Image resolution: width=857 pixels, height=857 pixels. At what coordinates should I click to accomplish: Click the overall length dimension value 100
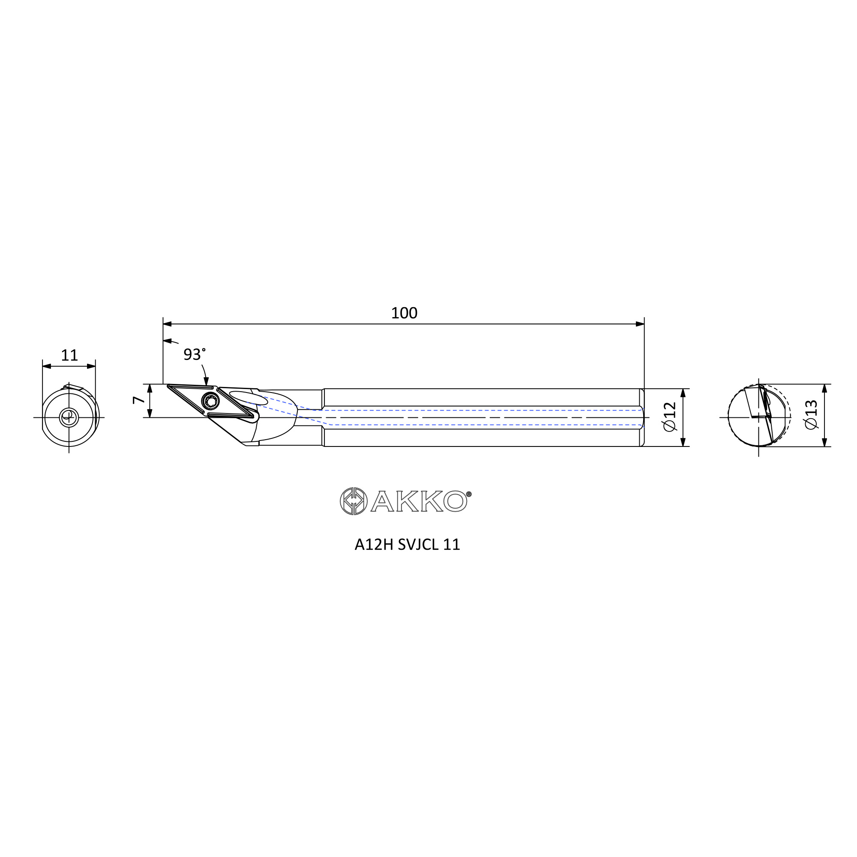(x=404, y=313)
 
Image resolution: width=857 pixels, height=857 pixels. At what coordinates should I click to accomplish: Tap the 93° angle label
(x=194, y=354)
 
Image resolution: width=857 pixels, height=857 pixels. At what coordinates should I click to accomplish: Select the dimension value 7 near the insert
(x=138, y=400)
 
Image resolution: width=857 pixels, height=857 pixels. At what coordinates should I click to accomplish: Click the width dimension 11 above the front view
(x=69, y=355)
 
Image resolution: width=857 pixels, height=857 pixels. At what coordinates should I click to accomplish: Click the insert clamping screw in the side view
(x=210, y=402)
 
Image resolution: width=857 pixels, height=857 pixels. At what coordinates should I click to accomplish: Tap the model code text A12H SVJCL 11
(x=407, y=544)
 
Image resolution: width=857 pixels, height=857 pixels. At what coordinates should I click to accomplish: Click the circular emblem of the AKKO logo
(x=354, y=501)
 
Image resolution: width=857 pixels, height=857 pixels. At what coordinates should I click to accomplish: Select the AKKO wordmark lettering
(x=419, y=501)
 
